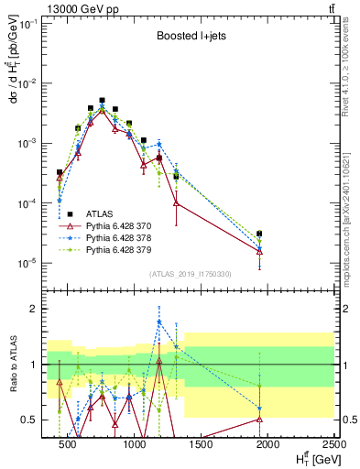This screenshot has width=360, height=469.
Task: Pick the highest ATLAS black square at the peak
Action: pyautogui.click(x=103, y=101)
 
